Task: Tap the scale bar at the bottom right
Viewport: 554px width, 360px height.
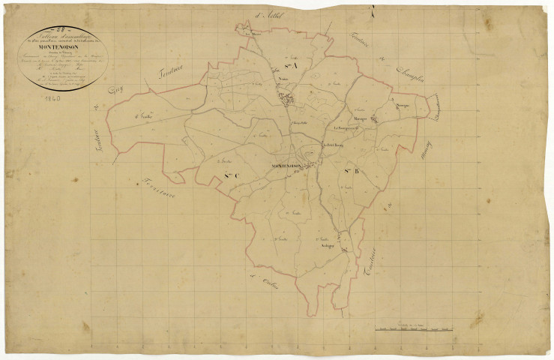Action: (x=415, y=328)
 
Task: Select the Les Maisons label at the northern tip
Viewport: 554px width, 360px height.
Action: (x=250, y=33)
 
